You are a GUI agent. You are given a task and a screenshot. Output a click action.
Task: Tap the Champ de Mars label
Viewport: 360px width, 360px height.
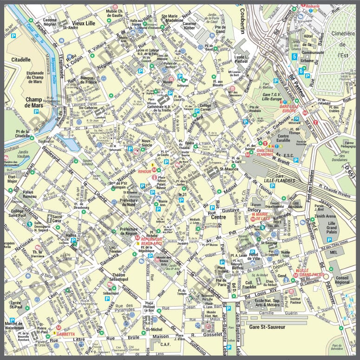click(33, 102)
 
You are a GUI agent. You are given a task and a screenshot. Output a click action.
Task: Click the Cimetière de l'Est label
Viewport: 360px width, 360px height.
click(343, 44)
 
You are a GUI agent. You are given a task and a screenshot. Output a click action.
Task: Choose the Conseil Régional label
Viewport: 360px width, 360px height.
click(341, 279)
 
